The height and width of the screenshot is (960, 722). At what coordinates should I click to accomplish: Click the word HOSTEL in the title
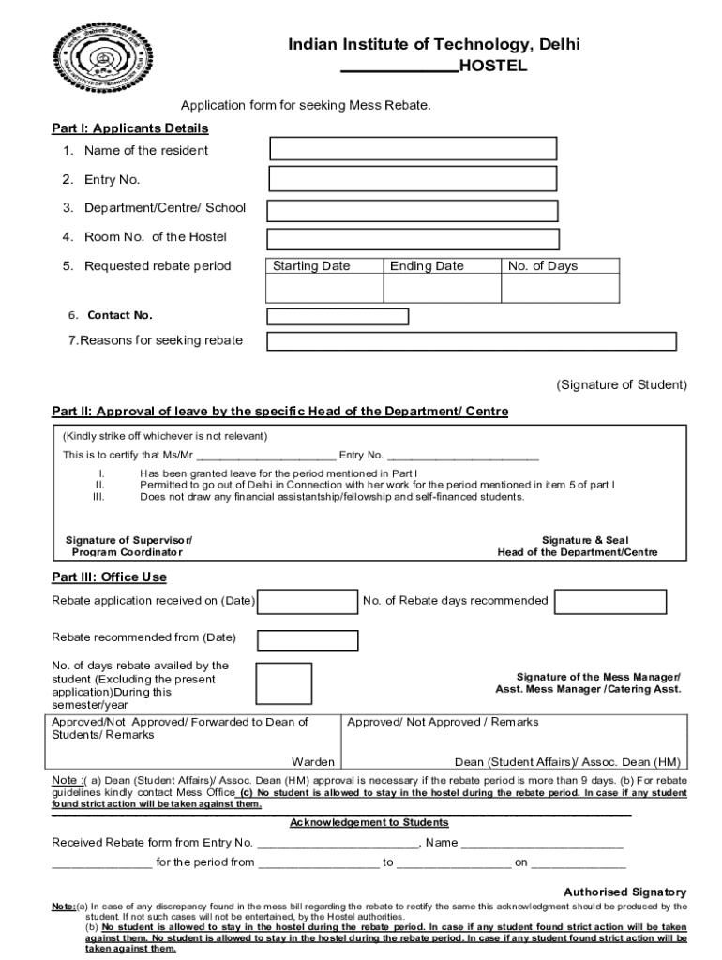coord(493,67)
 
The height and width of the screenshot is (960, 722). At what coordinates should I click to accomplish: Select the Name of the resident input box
coord(413,148)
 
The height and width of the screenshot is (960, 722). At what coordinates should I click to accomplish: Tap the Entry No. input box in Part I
coord(413,179)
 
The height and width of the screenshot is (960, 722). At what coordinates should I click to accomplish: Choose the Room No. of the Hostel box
coord(413,239)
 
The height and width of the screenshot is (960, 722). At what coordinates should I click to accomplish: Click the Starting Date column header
coord(311,266)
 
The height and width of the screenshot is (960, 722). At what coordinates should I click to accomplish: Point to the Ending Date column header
coord(427,266)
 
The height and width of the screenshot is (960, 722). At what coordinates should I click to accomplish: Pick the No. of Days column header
coord(543,266)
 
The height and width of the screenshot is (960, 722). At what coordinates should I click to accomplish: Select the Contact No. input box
coord(338,316)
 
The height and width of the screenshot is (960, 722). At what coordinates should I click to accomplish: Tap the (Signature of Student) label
coord(622,385)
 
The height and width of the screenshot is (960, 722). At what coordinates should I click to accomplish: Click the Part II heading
coord(279,412)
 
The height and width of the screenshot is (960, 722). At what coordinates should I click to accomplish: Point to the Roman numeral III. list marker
coord(98,497)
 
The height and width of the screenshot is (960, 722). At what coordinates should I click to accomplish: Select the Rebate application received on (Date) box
coord(308,601)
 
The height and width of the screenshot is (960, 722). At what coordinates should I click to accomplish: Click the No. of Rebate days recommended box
coord(609,602)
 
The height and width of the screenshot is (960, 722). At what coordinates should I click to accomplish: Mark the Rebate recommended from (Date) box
coord(308,640)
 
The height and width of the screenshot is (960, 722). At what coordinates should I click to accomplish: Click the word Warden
coord(313,762)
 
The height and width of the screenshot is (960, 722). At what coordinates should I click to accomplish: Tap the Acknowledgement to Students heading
coord(369,822)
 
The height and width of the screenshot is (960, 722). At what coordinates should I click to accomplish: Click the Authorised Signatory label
coord(624,892)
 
